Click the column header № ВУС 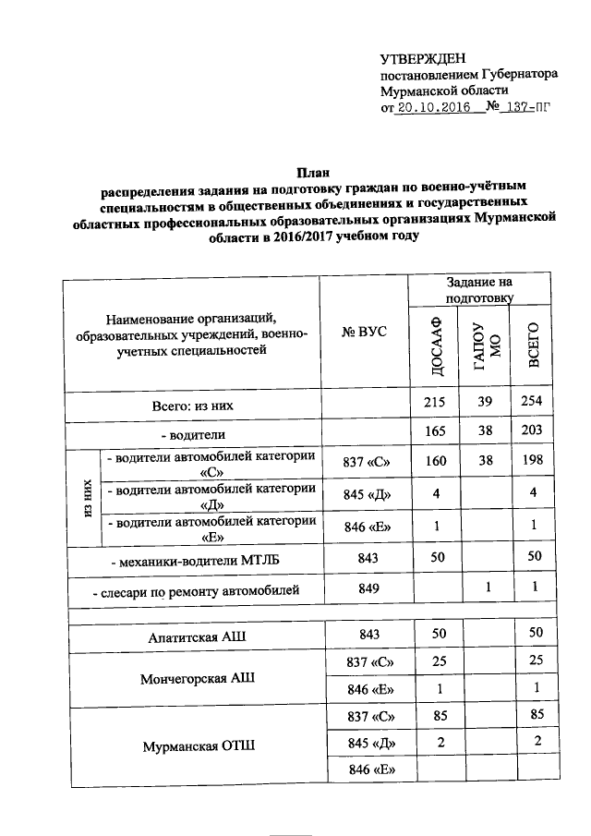364,333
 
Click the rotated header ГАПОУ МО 484,345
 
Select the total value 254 531,404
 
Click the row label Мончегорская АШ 197,677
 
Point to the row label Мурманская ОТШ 197,745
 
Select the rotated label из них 85,499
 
